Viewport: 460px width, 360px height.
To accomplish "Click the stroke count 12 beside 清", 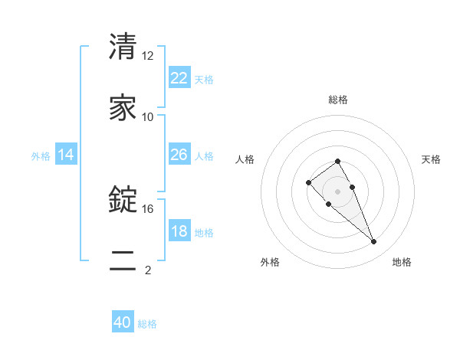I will [x=148, y=56].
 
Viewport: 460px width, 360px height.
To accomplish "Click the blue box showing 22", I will [x=179, y=78].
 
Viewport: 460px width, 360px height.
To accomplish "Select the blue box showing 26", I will [x=179, y=155].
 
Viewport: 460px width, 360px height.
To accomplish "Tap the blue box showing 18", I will [x=179, y=231].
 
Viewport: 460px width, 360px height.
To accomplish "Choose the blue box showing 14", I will [x=66, y=155].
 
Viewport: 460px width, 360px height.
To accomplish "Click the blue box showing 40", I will [x=123, y=322].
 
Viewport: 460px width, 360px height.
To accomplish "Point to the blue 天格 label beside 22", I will [x=204, y=80].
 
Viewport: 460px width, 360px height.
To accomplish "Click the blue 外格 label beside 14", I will [x=41, y=156].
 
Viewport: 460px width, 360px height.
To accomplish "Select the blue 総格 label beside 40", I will [x=147, y=324].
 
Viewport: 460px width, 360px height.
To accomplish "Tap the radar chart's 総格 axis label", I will [x=338, y=100].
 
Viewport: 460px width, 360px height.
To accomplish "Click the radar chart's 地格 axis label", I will [x=402, y=263].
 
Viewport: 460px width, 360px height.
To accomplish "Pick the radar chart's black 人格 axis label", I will [x=245, y=159].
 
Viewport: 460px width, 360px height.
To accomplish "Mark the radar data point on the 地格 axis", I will [x=374, y=242].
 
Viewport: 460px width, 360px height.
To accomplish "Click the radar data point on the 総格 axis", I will [x=337, y=161].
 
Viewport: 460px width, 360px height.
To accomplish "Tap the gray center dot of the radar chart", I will [x=337, y=191].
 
